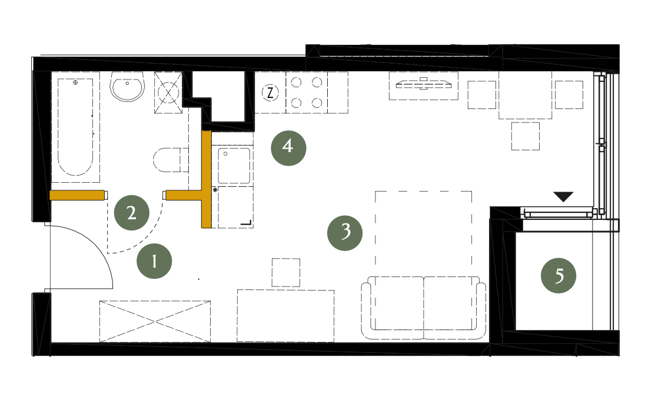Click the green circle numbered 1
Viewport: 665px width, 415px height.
pos(154,261)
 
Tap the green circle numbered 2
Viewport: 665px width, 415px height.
pos(131,212)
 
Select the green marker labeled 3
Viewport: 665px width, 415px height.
pos(345,233)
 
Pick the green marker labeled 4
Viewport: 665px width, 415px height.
pos(288,148)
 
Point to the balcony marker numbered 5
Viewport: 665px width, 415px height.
pos(558,276)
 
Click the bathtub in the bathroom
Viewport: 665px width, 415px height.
pos(75,127)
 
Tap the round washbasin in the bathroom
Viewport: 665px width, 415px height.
pos(127,86)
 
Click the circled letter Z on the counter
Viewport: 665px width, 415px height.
pos(270,93)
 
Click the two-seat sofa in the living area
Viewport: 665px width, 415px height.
pos(424,308)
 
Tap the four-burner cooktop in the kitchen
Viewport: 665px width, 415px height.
pos(307,93)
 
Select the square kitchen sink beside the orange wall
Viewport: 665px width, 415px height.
pos(234,166)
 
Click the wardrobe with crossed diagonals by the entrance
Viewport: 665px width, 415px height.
pos(155,321)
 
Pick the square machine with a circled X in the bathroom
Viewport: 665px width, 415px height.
pos(168,93)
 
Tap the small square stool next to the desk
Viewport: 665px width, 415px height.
pos(286,272)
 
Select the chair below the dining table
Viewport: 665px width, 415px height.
pos(526,136)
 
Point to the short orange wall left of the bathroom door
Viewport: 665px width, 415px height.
pos(77,195)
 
